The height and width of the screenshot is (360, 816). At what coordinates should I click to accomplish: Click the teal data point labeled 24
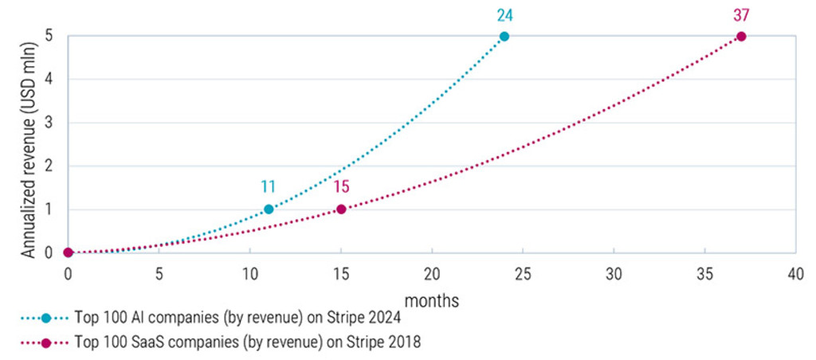(x=504, y=37)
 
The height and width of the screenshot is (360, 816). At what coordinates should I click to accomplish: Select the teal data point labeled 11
(x=269, y=209)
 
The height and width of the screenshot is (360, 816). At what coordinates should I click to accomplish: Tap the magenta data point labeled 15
(x=341, y=209)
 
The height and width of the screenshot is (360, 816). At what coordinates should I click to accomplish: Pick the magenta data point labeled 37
(x=741, y=37)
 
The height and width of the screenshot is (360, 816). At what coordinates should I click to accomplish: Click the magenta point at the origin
(x=69, y=252)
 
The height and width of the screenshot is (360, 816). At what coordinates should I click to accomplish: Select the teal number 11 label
(x=269, y=187)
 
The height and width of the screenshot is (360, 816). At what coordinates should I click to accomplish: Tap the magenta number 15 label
(x=341, y=187)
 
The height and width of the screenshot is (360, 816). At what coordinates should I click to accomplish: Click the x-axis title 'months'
(x=432, y=300)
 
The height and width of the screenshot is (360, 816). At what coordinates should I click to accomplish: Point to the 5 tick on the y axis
(x=49, y=36)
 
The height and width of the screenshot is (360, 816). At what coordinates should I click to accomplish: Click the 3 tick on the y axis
(x=49, y=123)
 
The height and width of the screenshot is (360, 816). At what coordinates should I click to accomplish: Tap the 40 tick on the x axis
(x=795, y=273)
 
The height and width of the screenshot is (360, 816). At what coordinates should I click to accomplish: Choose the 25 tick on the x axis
(x=523, y=273)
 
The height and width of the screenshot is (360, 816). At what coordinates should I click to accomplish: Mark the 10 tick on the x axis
(x=250, y=273)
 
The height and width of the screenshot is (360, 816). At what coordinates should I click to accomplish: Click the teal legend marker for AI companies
(x=45, y=318)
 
